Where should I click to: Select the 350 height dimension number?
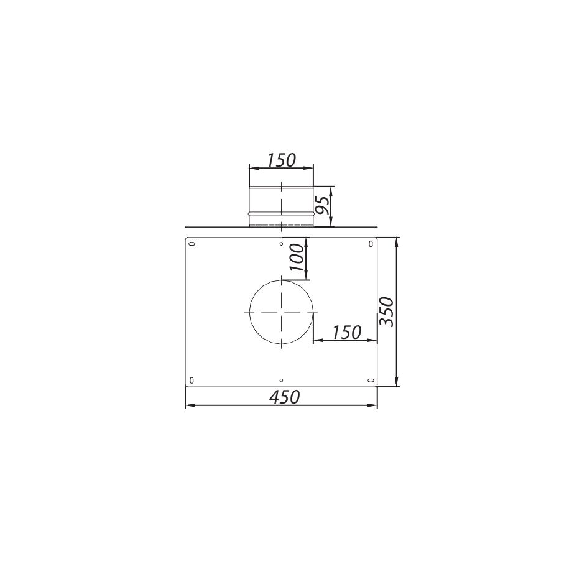click(x=387, y=311)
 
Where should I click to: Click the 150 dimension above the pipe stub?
click(x=281, y=160)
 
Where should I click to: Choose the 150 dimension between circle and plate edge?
click(x=346, y=332)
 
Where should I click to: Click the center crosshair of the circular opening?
click(x=281, y=312)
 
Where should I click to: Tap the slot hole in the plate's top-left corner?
click(x=192, y=243)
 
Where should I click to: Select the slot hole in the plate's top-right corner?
click(x=371, y=243)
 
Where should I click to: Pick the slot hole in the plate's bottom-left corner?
click(x=192, y=381)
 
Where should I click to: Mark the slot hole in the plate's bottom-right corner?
click(x=371, y=381)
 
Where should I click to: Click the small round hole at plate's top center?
click(x=282, y=244)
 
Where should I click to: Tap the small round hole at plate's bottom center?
click(x=282, y=380)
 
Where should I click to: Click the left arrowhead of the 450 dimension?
click(x=189, y=405)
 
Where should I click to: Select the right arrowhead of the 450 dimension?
click(x=374, y=405)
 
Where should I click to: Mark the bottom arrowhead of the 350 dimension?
click(x=397, y=382)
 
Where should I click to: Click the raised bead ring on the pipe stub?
click(x=281, y=213)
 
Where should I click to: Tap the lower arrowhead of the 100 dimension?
click(x=306, y=277)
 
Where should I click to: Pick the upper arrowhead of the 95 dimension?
click(x=331, y=189)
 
